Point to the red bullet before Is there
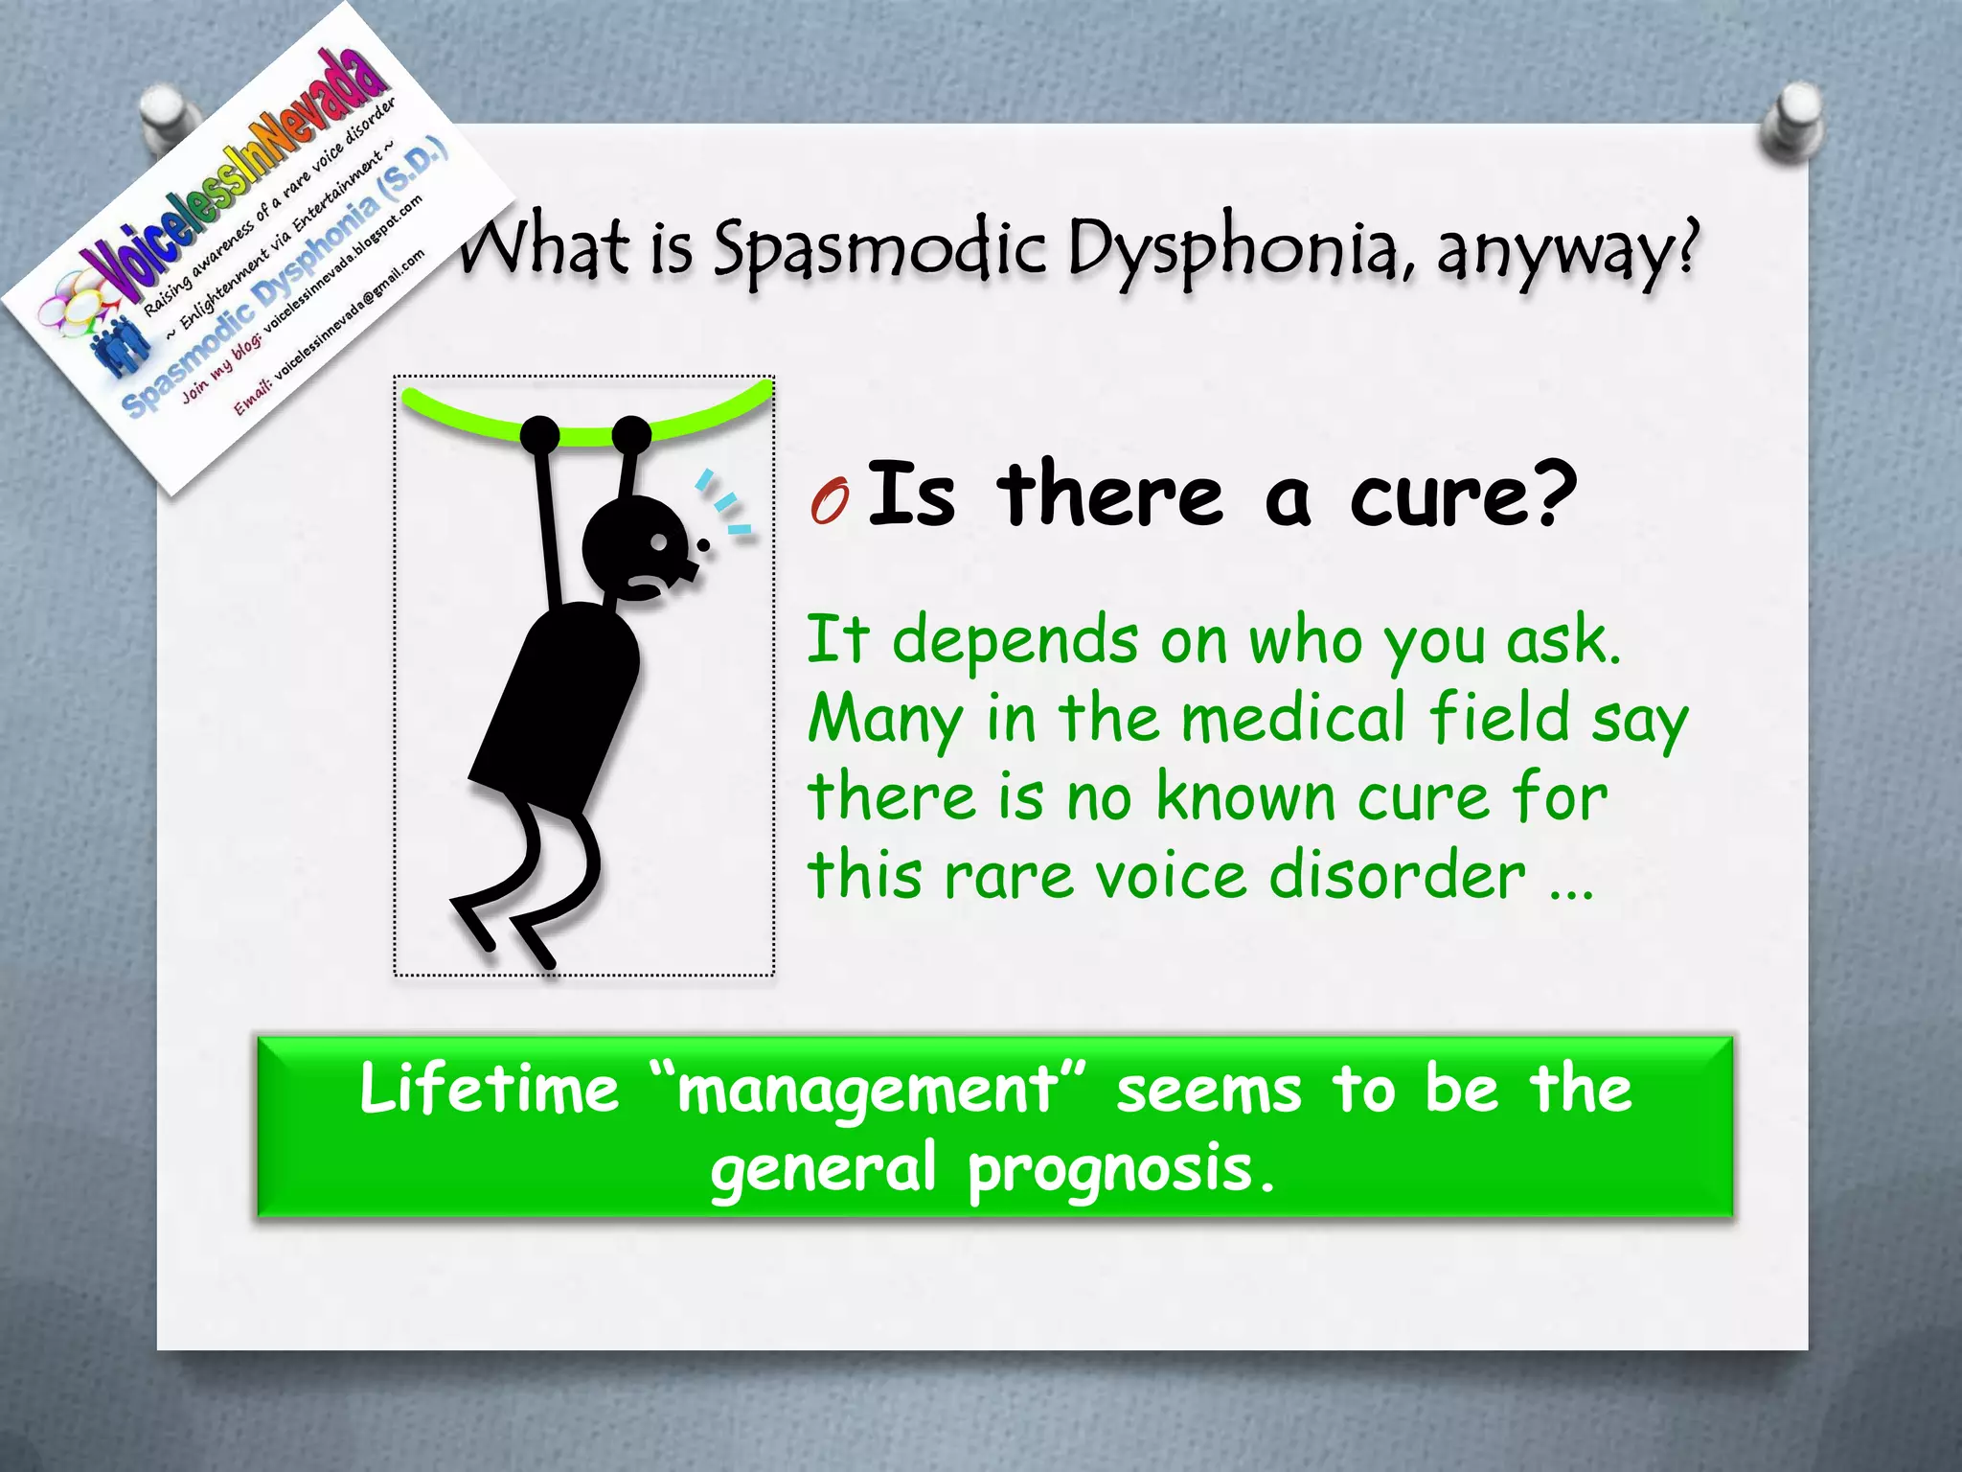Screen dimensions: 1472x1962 click(x=830, y=501)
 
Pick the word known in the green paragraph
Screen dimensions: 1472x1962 click(x=1244, y=796)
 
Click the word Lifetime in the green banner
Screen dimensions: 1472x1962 click(x=490, y=1091)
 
